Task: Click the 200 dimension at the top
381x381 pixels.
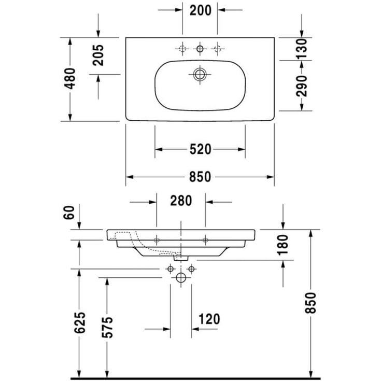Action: (200, 10)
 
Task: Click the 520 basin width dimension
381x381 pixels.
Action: (200, 150)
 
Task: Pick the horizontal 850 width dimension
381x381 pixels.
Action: (200, 177)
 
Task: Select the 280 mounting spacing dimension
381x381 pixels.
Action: (181, 201)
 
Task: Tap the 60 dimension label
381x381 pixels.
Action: (71, 212)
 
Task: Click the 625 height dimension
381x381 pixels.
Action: (79, 324)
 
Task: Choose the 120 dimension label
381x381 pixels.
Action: (209, 319)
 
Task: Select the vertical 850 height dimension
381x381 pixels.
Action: (311, 310)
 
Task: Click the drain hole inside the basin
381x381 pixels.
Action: (200, 74)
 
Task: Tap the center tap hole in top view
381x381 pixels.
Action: (200, 49)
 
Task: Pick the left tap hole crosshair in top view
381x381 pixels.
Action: (181, 49)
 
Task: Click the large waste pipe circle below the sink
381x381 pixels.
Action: (181, 278)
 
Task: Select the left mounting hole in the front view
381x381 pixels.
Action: (157, 239)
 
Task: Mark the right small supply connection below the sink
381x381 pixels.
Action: (191, 269)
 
